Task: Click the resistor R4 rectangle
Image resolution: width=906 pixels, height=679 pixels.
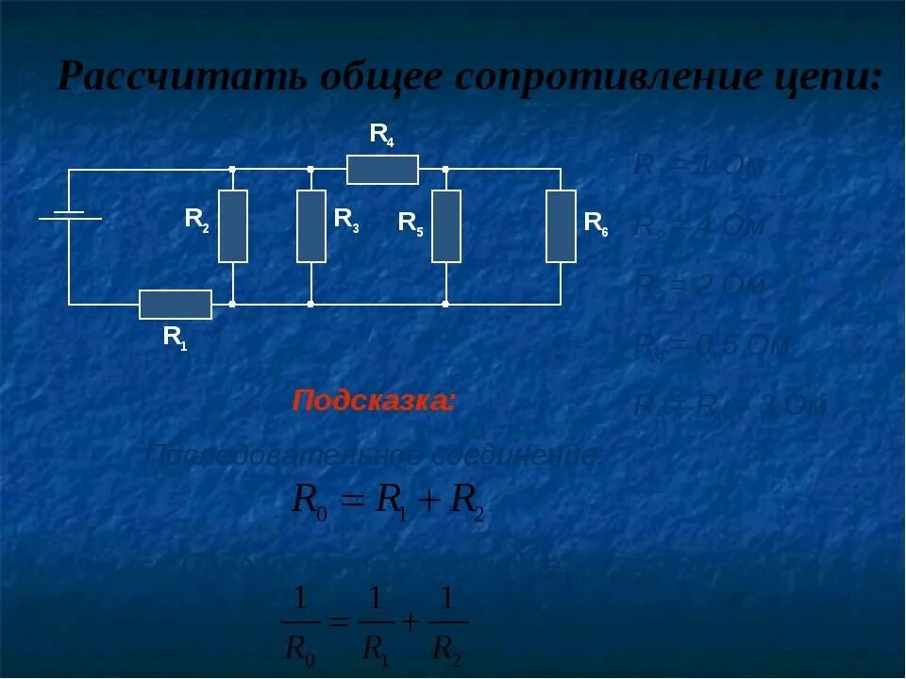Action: click(x=382, y=170)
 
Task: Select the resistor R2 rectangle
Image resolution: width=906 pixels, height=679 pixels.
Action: click(x=233, y=226)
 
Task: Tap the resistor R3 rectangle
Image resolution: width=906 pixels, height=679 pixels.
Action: click(x=311, y=226)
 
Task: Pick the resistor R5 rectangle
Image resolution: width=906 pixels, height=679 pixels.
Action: click(x=446, y=226)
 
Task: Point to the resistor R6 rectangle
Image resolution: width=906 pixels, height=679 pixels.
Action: click(x=561, y=226)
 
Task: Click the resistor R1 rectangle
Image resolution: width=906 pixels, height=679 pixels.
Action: click(x=176, y=305)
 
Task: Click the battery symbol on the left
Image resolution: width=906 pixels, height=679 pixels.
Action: click(x=69, y=216)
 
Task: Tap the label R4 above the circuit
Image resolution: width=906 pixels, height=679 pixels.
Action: click(x=381, y=136)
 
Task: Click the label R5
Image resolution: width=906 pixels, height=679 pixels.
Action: click(x=411, y=224)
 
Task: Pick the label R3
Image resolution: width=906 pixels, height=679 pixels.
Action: click(x=346, y=220)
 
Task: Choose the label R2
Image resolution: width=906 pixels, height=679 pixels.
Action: click(x=197, y=221)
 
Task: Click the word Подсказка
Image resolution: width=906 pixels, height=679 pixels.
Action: click(x=374, y=401)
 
